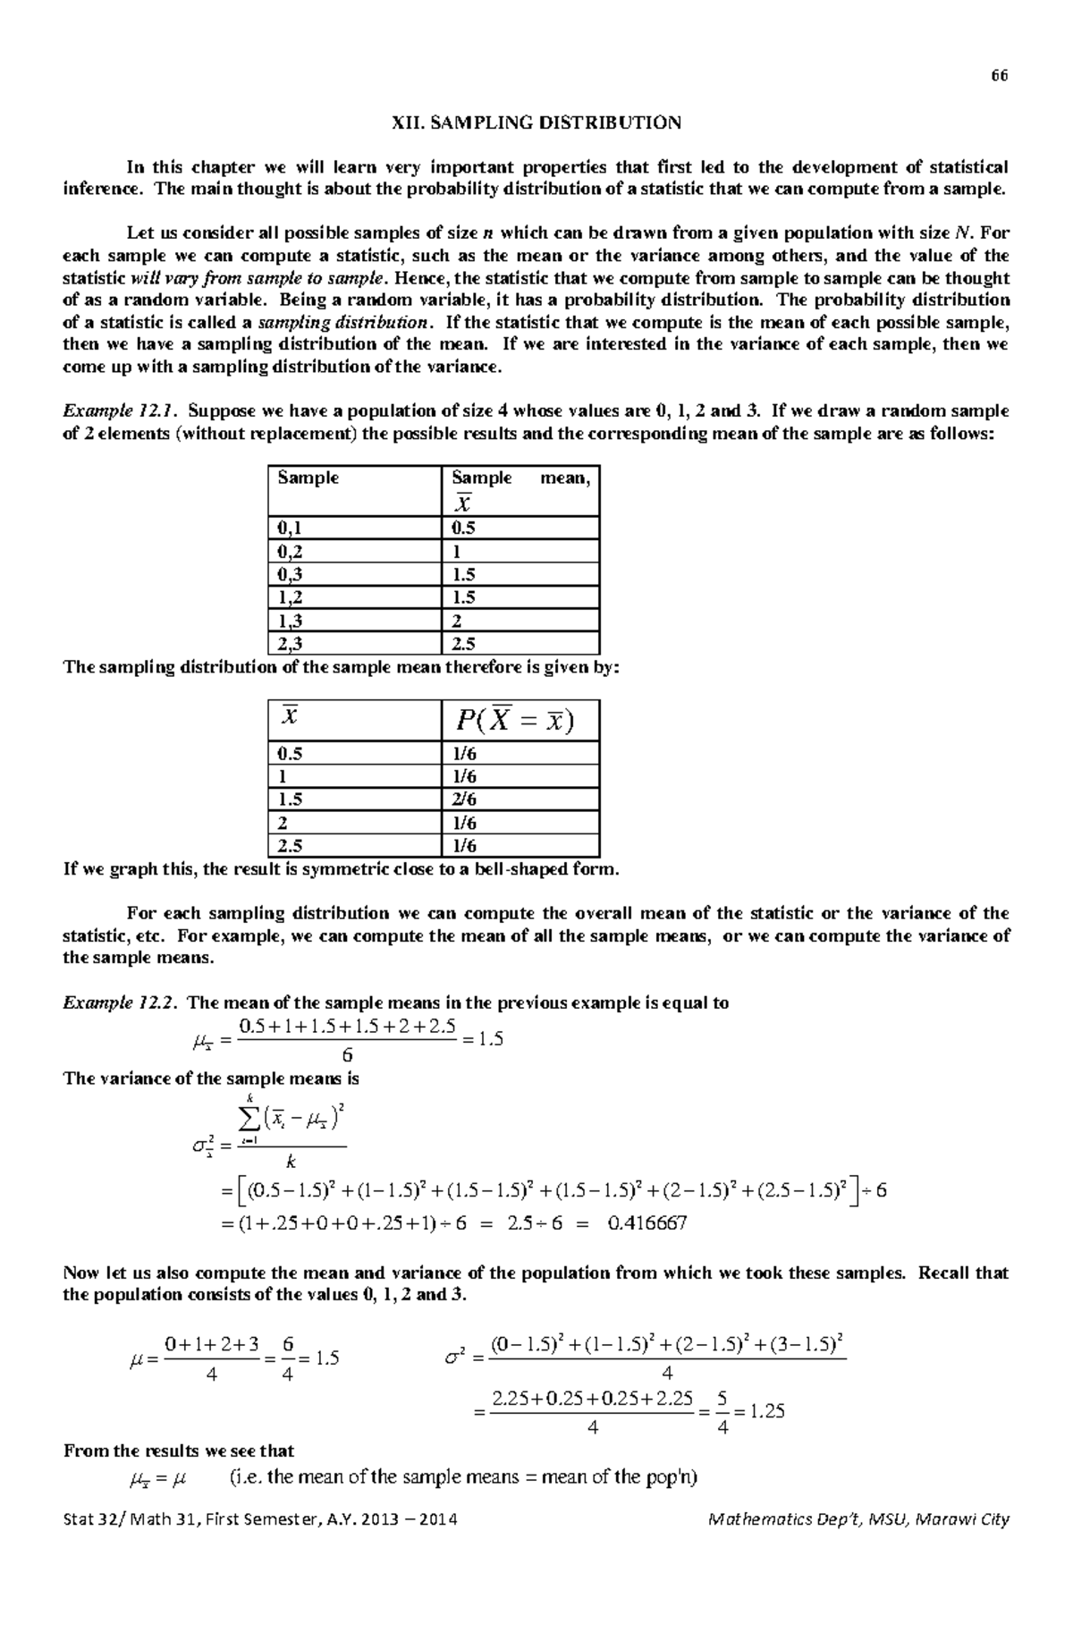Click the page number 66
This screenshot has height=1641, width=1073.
(x=999, y=76)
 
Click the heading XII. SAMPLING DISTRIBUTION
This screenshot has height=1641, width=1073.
(x=536, y=123)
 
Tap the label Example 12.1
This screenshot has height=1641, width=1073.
(x=120, y=411)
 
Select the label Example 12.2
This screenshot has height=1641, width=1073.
(x=120, y=1002)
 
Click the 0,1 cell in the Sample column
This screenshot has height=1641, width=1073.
(x=290, y=528)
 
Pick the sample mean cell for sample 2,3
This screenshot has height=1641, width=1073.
(x=463, y=644)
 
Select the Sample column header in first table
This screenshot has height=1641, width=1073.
(x=308, y=478)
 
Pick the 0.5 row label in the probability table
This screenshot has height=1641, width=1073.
(x=290, y=753)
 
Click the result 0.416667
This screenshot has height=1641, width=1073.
(x=646, y=1222)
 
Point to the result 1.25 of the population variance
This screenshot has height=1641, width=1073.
(x=766, y=1411)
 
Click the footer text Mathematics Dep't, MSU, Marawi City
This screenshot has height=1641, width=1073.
(x=858, y=1518)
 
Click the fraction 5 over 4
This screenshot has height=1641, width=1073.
(x=722, y=1411)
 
